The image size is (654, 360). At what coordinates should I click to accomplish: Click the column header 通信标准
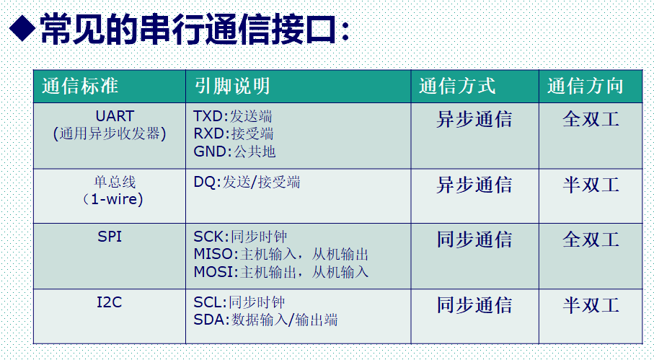[80, 87]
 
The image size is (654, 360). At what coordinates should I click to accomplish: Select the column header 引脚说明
[232, 87]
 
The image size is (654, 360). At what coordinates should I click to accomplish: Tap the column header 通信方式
[457, 87]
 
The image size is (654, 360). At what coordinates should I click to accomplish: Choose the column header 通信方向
[585, 87]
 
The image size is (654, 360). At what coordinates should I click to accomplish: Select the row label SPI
[110, 237]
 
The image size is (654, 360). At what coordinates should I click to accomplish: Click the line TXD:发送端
[233, 116]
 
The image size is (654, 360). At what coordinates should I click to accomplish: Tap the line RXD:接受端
[234, 133]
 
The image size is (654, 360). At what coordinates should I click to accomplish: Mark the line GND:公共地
[234, 152]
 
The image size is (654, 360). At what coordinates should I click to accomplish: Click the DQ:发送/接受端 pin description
[247, 183]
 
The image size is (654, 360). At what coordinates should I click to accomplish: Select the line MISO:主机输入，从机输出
[281, 254]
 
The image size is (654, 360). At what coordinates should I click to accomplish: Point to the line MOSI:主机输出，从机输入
[281, 272]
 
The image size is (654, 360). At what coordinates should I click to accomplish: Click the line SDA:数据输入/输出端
[266, 320]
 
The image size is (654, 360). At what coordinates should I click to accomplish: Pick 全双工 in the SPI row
[591, 240]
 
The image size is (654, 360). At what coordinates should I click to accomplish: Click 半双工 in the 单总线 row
[591, 185]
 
